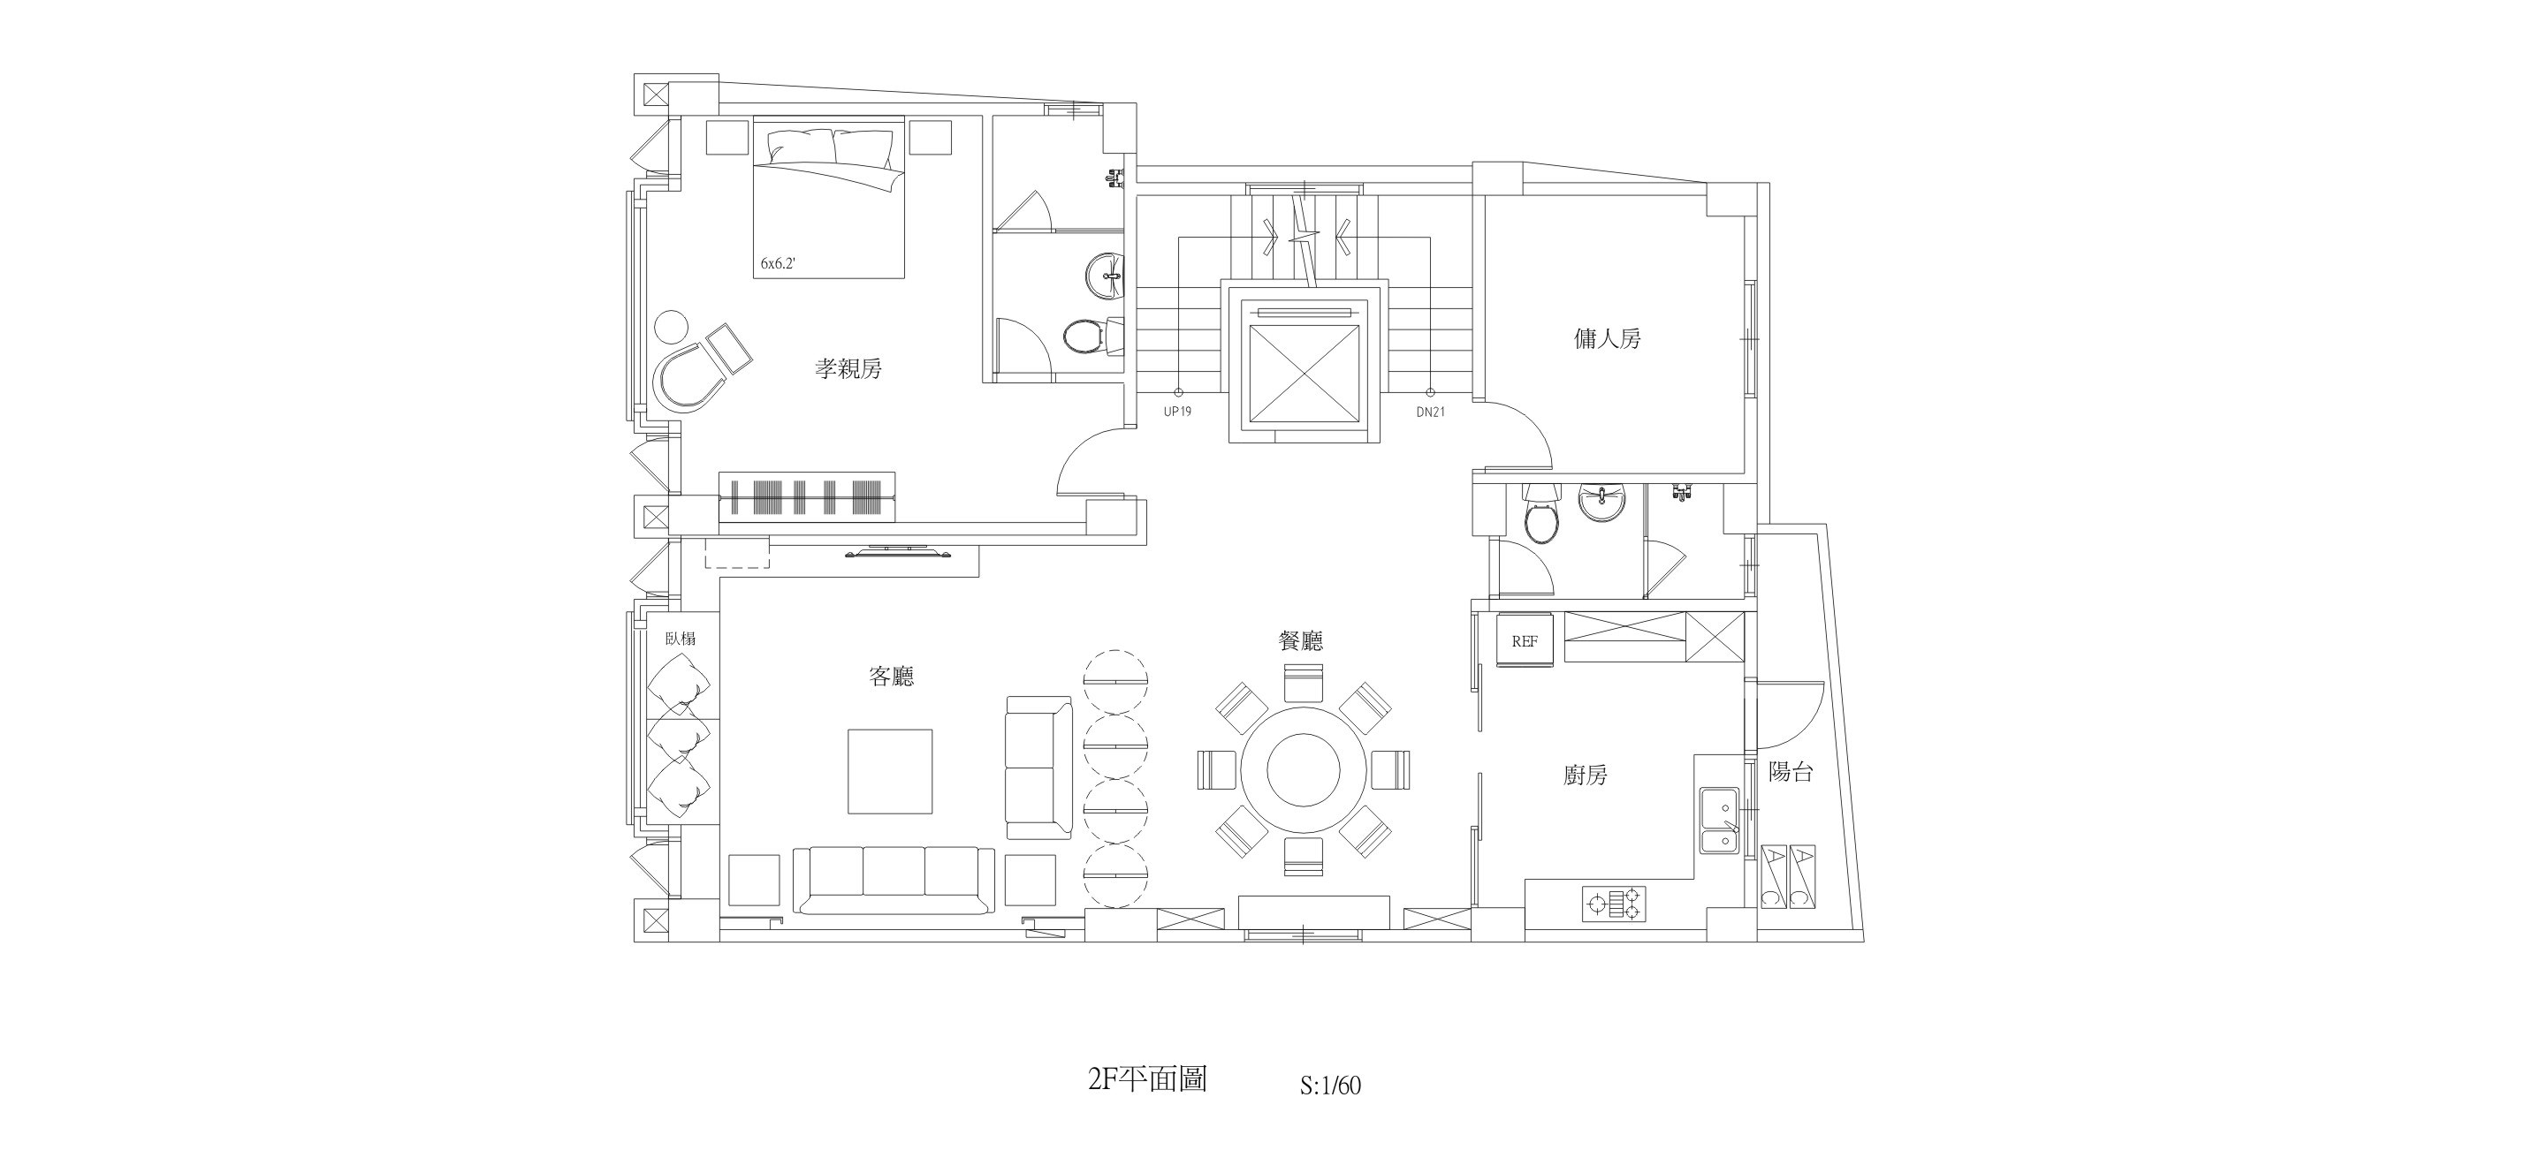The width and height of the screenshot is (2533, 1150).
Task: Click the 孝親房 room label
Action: tap(848, 368)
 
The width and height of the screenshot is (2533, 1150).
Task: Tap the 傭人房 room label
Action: tap(1607, 339)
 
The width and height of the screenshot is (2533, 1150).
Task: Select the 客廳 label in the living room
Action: tap(891, 677)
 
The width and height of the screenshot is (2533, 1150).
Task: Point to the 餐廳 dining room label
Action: tap(1300, 641)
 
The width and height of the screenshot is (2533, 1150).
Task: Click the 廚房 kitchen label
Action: tap(1585, 775)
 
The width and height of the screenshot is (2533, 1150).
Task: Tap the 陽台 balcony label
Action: tap(1790, 772)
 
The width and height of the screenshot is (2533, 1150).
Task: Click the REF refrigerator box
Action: tap(1524, 641)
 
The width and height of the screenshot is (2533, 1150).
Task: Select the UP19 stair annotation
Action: tap(1177, 412)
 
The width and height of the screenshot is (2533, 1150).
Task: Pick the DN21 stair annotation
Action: tap(1430, 412)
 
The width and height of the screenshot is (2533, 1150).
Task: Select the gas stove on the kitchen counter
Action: tap(1612, 904)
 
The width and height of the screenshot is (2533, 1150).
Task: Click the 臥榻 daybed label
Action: tap(680, 638)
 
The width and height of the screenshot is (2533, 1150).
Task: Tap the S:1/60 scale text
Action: tap(1329, 1086)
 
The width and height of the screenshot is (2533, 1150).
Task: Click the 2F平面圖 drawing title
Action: tap(1146, 1079)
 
